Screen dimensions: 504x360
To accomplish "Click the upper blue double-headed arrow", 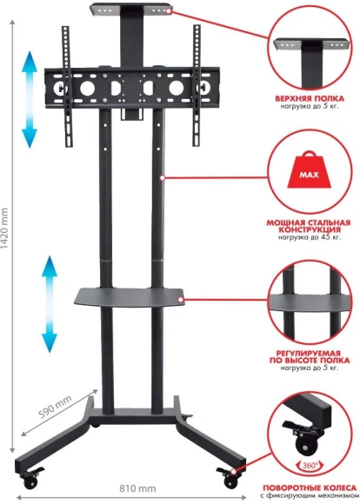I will click(x=30, y=97).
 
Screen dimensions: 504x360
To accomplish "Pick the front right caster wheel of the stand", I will click(x=230, y=475).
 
